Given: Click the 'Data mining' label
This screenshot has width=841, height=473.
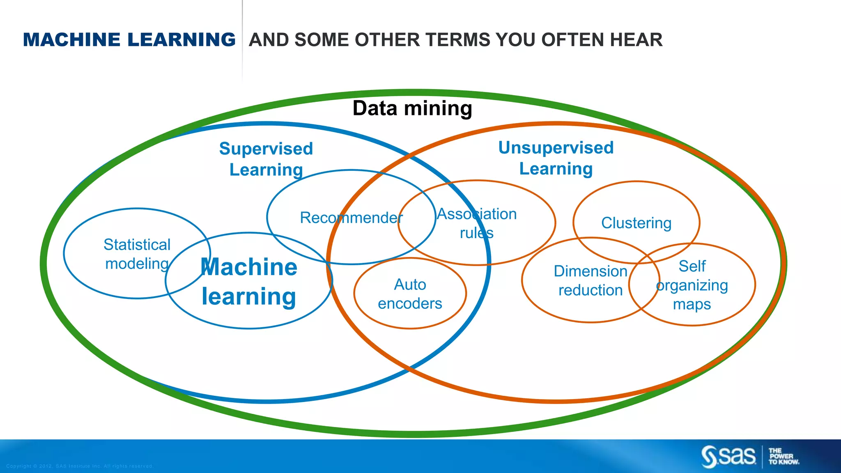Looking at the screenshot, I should click(412, 108).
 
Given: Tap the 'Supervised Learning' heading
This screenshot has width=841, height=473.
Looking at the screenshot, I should click(266, 159).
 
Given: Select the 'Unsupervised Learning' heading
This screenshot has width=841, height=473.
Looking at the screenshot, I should click(556, 158).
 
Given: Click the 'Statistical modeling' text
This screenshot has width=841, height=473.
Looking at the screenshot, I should click(137, 254).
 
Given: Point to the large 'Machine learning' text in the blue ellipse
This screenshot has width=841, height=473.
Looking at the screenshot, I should click(249, 282).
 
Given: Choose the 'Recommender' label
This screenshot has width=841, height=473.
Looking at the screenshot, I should click(351, 218).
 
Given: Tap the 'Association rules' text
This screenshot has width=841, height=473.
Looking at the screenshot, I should click(477, 223).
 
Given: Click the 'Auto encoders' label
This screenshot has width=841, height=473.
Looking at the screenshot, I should click(410, 294).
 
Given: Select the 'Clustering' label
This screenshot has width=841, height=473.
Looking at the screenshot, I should click(636, 223).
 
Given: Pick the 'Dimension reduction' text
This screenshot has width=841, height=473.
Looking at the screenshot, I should click(591, 280).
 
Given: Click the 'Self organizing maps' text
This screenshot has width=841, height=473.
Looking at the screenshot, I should click(692, 285).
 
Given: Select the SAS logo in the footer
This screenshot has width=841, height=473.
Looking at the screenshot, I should click(728, 456).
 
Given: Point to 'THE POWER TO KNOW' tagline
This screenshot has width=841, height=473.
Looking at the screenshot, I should click(784, 456).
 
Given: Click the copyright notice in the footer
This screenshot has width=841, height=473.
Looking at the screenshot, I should click(80, 466).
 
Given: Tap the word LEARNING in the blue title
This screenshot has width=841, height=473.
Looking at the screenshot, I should click(182, 40).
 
